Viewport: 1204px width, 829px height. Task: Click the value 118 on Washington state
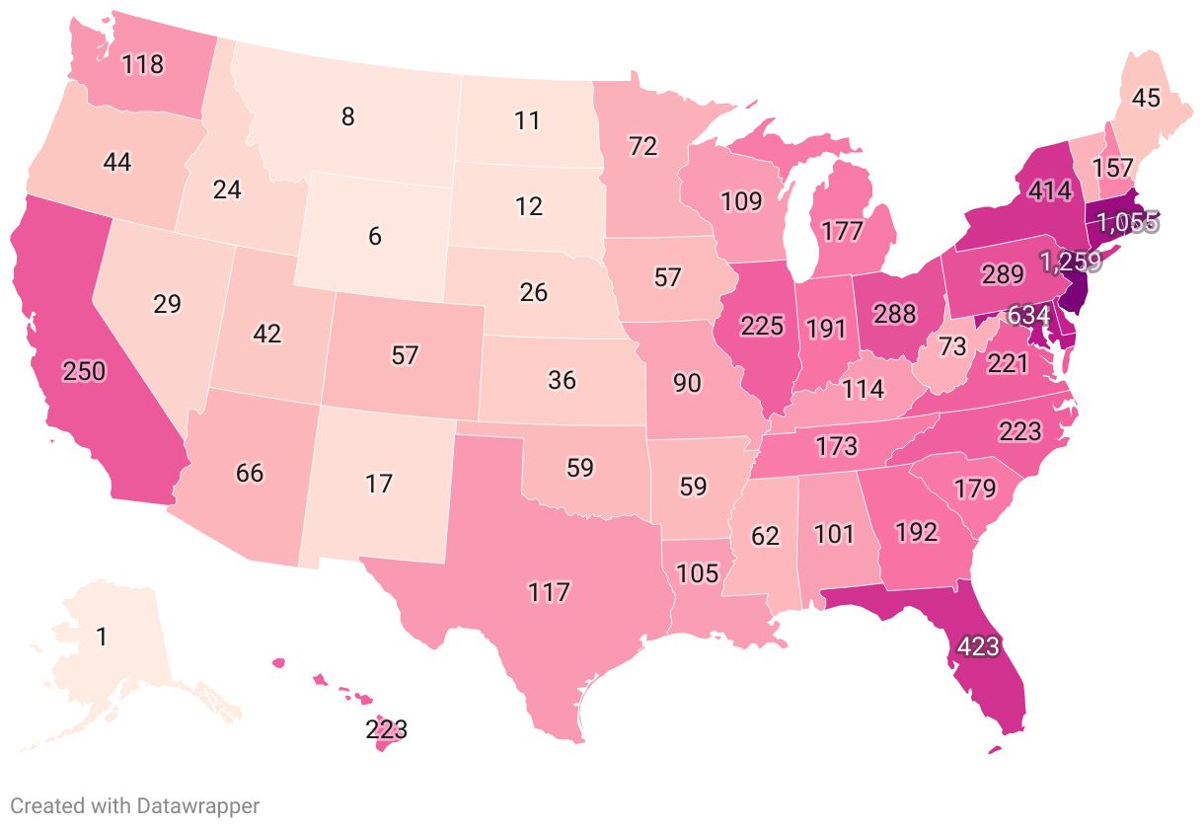pos(142,65)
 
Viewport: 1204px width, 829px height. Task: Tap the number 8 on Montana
pos(347,116)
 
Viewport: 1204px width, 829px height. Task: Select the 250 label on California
pos(83,371)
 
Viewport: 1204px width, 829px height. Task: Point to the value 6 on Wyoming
pos(375,237)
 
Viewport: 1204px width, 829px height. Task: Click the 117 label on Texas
pos(549,592)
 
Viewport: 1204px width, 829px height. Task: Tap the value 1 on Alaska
pos(102,637)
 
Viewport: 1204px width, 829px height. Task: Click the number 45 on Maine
pos(1146,98)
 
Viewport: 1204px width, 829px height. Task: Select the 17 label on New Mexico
pos(379,484)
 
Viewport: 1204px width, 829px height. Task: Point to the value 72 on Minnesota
pos(642,147)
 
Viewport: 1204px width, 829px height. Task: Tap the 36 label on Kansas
pos(562,379)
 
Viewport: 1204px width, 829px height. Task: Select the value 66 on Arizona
pos(250,472)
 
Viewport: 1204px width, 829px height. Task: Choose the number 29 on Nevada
pos(167,303)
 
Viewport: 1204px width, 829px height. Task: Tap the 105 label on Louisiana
pos(700,572)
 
